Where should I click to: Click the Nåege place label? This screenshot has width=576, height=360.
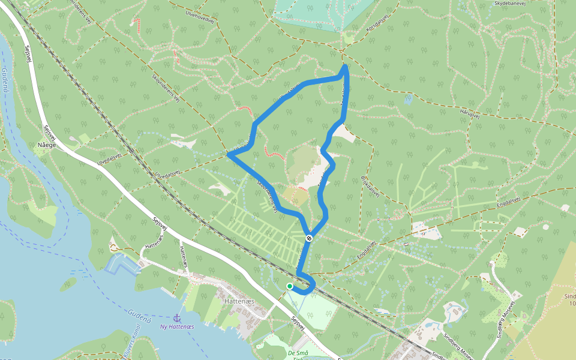tap(47, 145)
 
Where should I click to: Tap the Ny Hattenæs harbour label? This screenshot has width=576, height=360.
tap(177, 326)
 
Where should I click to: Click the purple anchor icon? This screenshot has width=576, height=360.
tap(177, 317)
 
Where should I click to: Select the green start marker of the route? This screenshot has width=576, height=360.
tap(290, 286)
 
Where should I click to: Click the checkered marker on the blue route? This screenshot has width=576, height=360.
tap(309, 238)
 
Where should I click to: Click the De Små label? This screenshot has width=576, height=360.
tap(298, 353)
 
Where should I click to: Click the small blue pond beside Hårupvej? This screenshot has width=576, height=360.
tap(409, 99)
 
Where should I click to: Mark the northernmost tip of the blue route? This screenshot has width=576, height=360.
tap(346, 66)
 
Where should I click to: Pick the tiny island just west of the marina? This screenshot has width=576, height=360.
tap(68, 283)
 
